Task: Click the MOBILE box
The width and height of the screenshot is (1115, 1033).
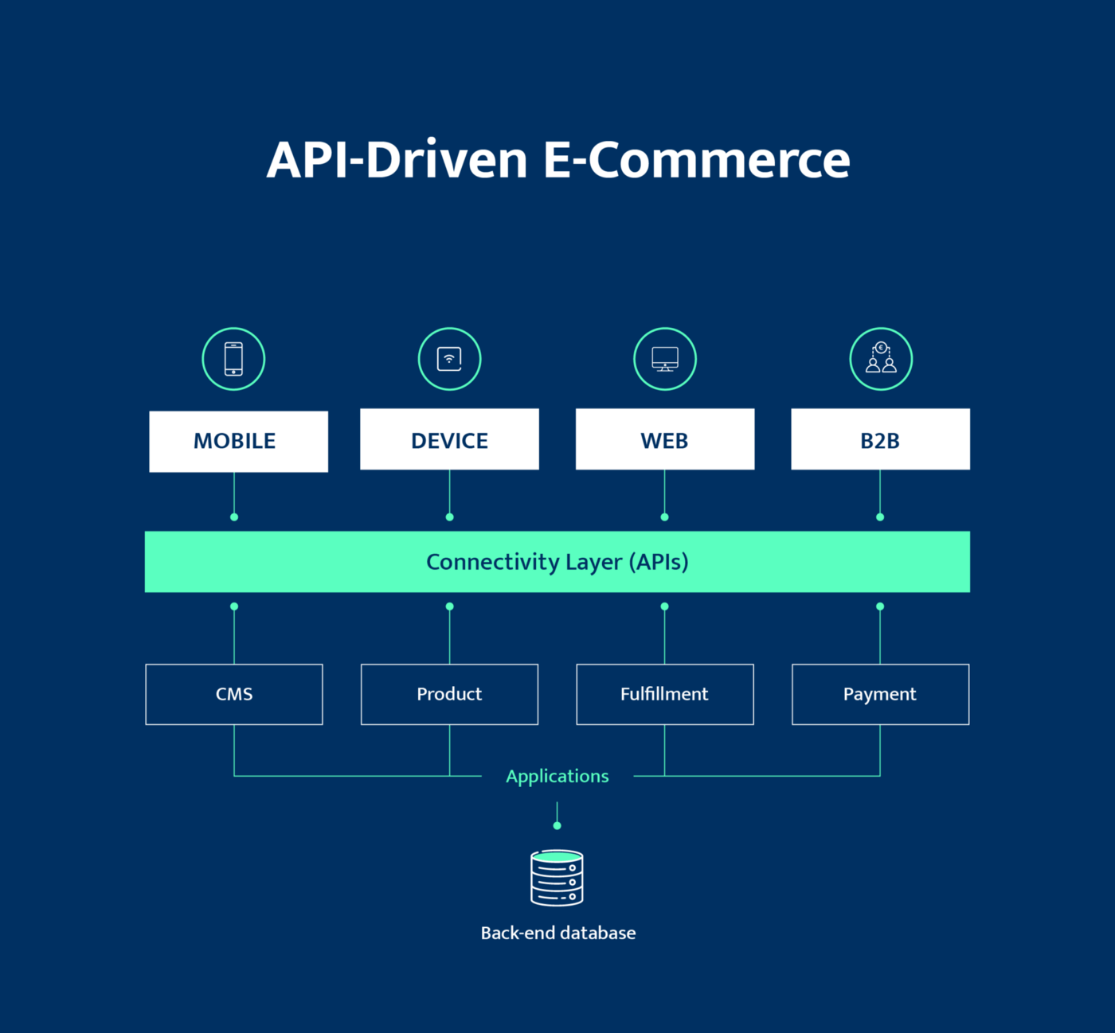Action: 238,442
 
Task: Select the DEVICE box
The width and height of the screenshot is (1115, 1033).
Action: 449,439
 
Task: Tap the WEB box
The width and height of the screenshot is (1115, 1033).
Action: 665,439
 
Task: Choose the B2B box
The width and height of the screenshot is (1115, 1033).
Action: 880,439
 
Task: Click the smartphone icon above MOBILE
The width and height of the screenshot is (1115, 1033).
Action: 233,359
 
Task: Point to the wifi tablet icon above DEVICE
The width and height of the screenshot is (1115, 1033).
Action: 449,359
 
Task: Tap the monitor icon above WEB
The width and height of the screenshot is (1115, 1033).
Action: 665,359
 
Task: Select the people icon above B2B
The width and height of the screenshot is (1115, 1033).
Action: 881,359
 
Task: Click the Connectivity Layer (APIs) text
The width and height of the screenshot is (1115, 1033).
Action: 557,562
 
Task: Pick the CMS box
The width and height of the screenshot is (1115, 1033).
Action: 234,694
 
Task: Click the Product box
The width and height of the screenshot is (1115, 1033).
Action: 449,694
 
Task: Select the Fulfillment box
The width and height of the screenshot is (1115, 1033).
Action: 665,694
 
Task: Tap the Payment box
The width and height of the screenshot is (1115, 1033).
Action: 880,694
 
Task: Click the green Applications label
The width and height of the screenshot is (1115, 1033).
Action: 557,776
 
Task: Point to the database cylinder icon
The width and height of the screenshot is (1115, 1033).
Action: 557,878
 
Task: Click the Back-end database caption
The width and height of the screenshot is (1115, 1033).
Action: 557,933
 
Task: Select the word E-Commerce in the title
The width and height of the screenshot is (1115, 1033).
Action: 696,160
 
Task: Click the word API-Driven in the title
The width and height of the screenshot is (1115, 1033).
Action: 397,160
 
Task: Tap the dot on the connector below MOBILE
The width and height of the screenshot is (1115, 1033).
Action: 234,517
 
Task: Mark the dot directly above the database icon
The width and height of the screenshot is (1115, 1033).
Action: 557,826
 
